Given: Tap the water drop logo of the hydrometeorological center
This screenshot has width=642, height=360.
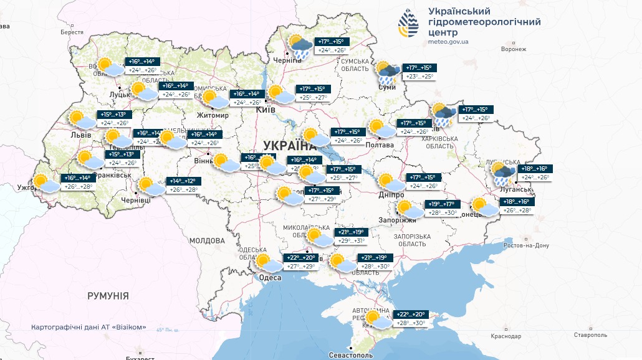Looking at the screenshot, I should [409, 24].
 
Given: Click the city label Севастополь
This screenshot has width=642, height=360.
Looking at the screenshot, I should [351, 355].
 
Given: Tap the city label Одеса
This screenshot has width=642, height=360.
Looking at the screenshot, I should [270, 278].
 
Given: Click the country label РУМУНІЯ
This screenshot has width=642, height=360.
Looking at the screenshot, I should [108, 296].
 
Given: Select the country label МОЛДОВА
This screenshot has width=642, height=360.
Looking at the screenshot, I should [206, 240].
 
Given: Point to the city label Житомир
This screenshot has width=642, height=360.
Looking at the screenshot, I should [213, 115].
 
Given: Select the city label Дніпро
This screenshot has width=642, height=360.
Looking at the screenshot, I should [390, 194].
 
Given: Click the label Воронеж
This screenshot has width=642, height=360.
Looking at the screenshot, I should [514, 49].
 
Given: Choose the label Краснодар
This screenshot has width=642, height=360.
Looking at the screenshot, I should [505, 336].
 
